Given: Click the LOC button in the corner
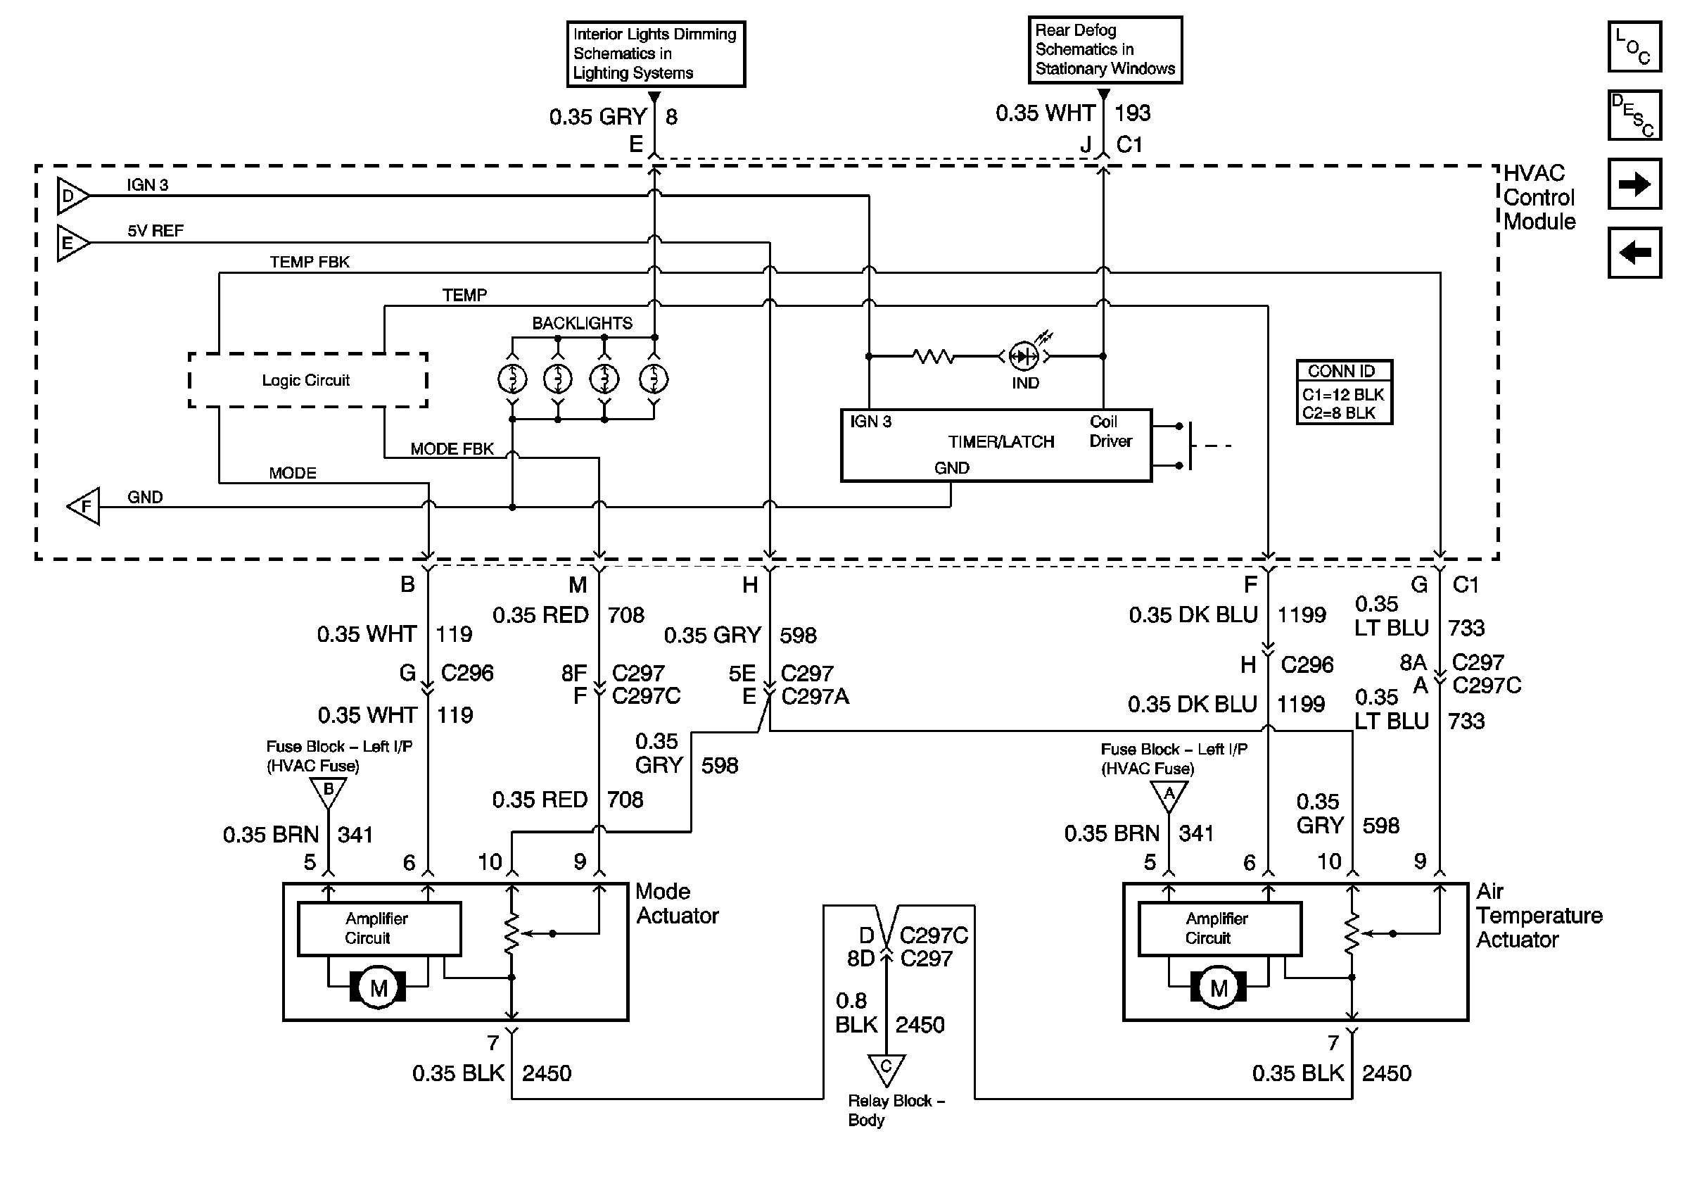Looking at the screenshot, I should point(1634,46).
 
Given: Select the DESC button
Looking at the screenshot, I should point(1634,115).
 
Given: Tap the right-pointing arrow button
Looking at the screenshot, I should point(1634,183).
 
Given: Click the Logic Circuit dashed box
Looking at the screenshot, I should point(307,380).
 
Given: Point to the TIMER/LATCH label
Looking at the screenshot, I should point(1000,442).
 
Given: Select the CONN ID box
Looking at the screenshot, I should point(1344,391).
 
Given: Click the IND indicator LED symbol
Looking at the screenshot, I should point(1023,356).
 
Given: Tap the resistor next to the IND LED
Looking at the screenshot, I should point(934,356).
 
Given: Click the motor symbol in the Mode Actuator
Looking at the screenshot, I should point(379,988).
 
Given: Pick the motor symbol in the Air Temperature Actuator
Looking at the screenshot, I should point(1218,988).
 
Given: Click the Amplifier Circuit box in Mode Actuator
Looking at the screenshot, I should point(379,928).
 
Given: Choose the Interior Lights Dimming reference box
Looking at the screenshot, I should point(655,53).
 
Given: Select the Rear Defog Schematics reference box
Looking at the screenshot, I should point(1105,49).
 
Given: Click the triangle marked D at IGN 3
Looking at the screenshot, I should point(71,196).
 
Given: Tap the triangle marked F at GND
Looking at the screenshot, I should point(84,507).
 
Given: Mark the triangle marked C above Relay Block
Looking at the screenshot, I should point(887,1068).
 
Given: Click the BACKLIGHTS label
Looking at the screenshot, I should point(581,323).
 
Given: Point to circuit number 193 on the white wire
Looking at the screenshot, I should point(1132,113).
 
